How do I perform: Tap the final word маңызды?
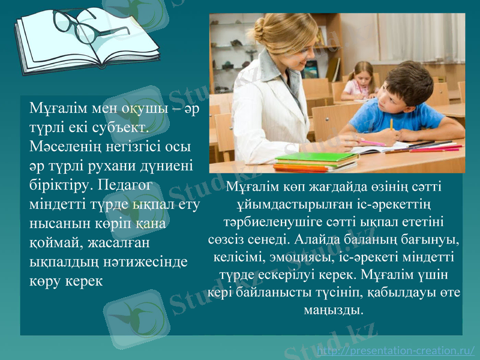coord(335,311)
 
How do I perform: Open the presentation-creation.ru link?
coord(395,350)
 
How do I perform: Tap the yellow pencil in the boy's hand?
coord(391,124)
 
